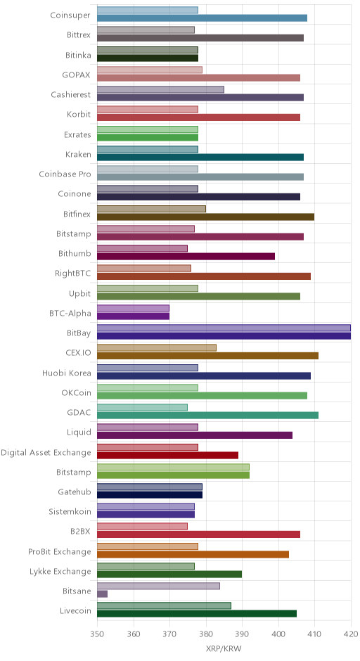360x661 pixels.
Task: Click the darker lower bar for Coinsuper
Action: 202,18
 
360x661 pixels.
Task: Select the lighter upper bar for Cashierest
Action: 160,90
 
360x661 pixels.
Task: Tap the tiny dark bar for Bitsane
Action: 102,594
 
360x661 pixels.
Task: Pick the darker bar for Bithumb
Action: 186,256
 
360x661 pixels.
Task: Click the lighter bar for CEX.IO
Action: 157,348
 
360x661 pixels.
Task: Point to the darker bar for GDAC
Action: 208,416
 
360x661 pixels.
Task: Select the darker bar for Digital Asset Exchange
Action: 168,455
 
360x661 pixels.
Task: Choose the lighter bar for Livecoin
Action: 164,605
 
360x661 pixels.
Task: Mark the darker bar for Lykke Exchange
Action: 169,575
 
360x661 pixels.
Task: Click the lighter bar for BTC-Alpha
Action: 133,308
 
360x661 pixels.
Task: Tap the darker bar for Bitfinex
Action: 206,217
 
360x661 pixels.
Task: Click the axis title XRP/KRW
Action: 224,649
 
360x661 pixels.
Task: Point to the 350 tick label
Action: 97,634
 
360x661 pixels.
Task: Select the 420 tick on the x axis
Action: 351,634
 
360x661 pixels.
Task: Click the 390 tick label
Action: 242,634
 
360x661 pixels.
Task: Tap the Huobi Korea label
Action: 67,373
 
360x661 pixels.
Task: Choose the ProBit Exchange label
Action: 60,552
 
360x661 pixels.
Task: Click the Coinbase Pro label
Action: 65,174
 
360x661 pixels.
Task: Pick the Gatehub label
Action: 75,492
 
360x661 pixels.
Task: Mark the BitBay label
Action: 79,333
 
